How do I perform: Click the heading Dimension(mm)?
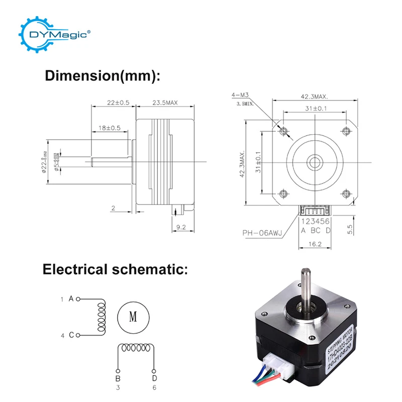(103, 76)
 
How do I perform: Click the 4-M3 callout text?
(239, 95)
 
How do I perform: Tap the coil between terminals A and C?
(103, 317)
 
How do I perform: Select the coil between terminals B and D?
(136, 349)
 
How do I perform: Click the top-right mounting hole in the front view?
(345, 131)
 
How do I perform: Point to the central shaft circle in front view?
(315, 162)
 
